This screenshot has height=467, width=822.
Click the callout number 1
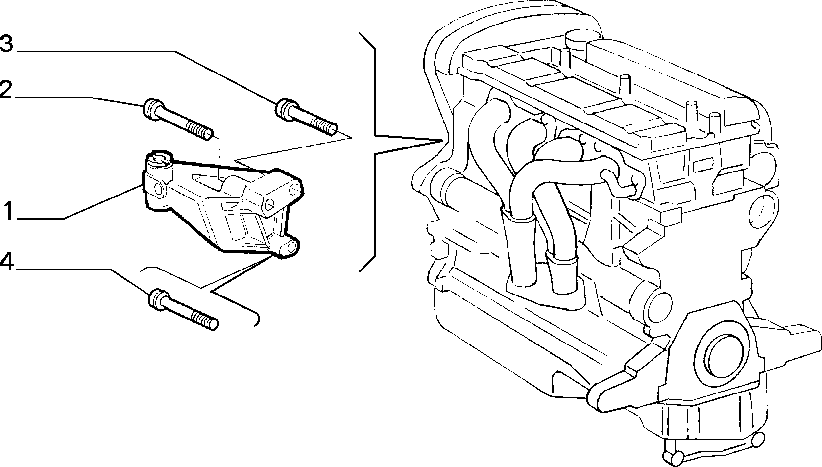pos(9,211)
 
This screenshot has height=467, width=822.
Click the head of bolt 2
pos(151,109)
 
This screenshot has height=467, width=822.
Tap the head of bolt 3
pos(285,109)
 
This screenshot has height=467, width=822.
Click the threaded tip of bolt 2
pos(200,131)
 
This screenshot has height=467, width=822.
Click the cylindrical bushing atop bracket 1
pos(159,164)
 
